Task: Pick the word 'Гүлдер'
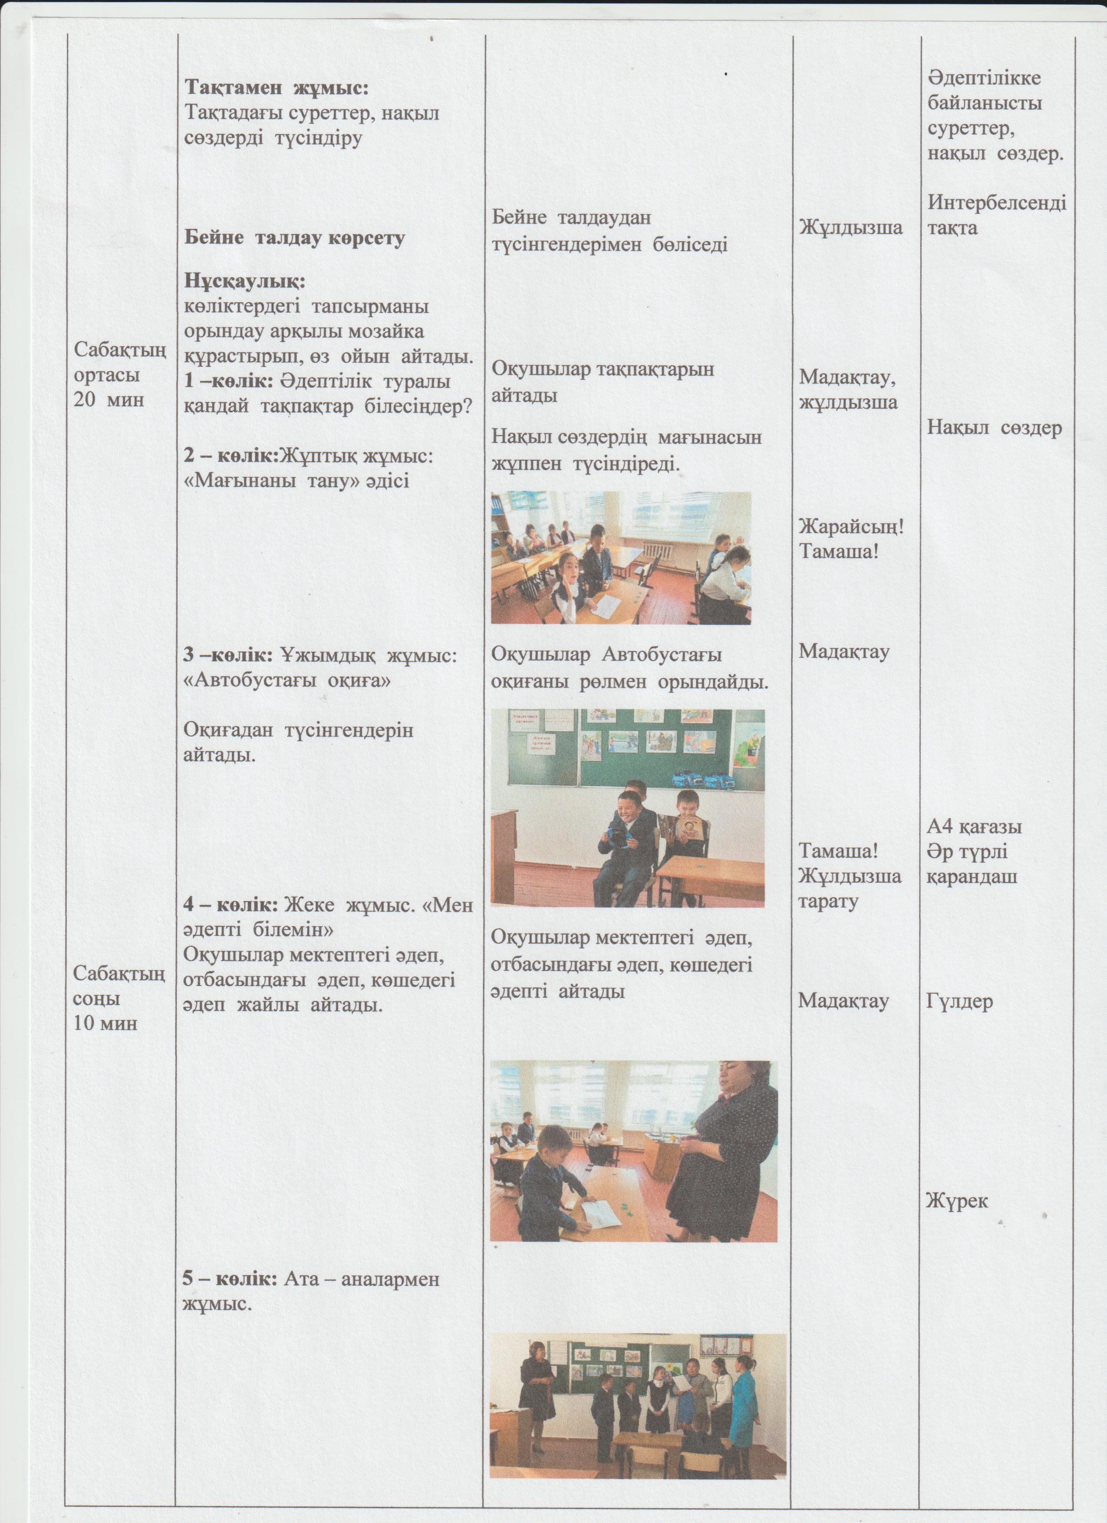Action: pyautogui.click(x=959, y=1002)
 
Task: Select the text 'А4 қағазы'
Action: pyautogui.click(x=974, y=826)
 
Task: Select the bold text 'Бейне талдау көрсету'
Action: pyautogui.click(x=295, y=238)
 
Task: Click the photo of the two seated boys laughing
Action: pyautogui.click(x=627, y=808)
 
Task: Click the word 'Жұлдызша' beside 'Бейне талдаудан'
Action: pyautogui.click(x=850, y=228)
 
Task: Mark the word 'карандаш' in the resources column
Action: pyautogui.click(x=972, y=876)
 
